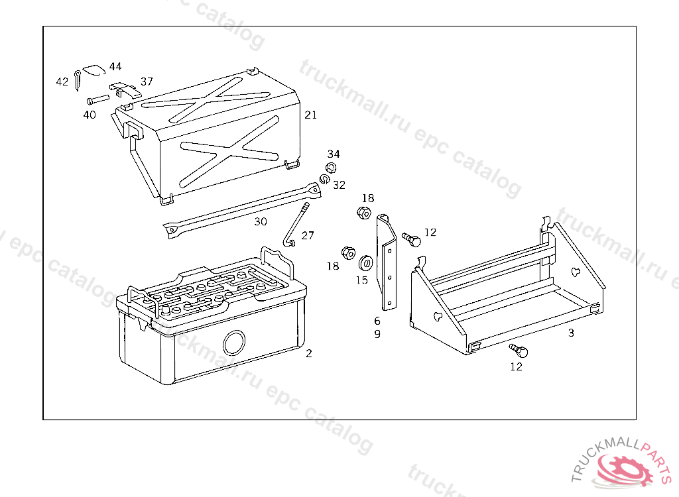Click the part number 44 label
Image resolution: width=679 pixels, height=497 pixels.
pos(115,66)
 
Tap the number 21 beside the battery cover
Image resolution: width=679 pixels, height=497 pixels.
pos(310,115)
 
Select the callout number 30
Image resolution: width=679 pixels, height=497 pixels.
pos(261,221)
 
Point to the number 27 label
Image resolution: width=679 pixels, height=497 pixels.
pos(308,235)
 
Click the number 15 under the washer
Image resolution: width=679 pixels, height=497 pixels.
pos(361,280)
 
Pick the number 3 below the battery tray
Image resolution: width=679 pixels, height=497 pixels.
pos(571,333)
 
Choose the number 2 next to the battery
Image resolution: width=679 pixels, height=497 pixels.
pos(308,353)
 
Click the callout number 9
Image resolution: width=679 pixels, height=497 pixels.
pos(377,334)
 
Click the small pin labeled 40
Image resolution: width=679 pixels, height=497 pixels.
pos(97,100)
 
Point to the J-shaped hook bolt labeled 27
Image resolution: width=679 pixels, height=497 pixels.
pos(297,226)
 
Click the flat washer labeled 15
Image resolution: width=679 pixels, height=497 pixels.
pos(365,263)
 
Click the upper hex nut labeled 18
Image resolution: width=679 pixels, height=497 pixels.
pos(363,213)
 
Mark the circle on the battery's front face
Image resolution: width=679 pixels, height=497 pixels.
pos(234,343)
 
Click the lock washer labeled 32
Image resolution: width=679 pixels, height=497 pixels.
pos(325,179)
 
